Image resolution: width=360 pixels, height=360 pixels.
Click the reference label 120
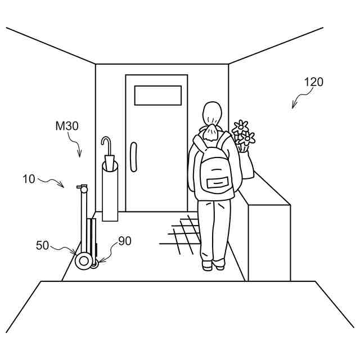tap(314, 82)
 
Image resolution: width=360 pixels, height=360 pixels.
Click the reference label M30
tap(67, 127)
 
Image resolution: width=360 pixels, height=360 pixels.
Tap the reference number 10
tap(29, 179)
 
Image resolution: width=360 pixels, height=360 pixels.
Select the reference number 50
tap(43, 245)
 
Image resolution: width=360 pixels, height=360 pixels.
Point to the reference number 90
tap(124, 241)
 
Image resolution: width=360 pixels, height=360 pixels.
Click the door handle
tap(133, 156)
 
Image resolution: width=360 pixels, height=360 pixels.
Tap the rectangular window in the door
tap(157, 95)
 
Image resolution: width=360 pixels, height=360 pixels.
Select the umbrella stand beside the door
tap(110, 191)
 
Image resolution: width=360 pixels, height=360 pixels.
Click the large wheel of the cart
tap(84, 261)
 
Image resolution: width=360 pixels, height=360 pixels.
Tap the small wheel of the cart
tap(94, 263)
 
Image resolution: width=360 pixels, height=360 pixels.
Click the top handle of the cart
tap(83, 188)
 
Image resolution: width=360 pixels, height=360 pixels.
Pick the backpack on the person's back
tap(214, 169)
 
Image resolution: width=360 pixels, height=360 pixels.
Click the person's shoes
tap(213, 264)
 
